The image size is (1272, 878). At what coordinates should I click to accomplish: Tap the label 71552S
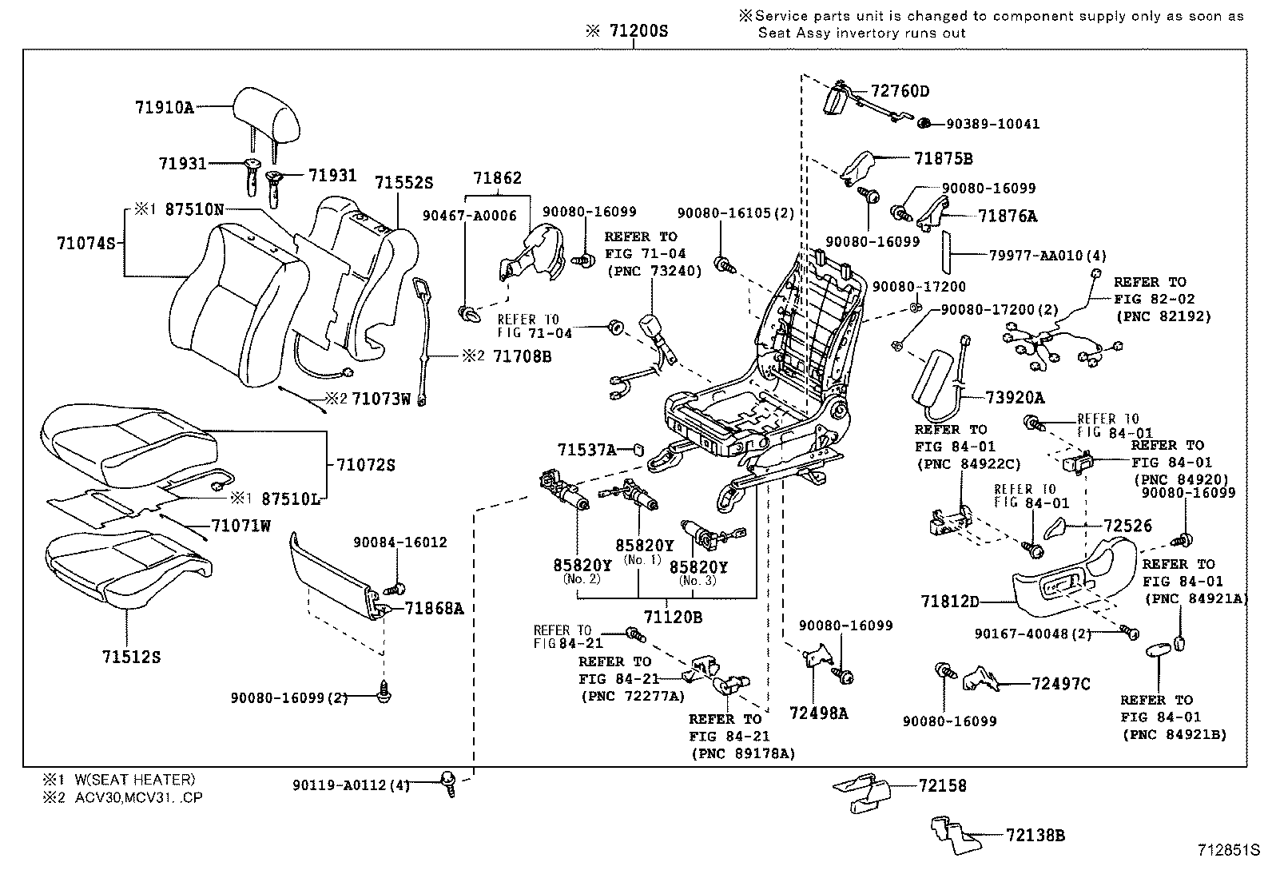403,183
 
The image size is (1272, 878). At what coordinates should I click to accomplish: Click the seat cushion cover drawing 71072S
128,441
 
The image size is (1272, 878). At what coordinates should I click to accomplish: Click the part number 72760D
900,91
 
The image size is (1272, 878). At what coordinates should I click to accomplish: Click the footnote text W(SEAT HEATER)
135,780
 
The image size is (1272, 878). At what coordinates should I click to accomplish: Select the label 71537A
586,450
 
